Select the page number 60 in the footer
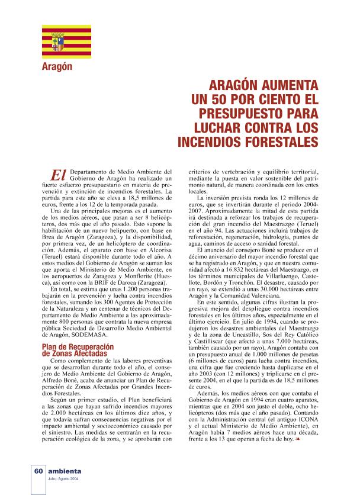pyautogui.click(x=37, y=471)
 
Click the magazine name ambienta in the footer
pyautogui.click(x=66, y=471)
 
